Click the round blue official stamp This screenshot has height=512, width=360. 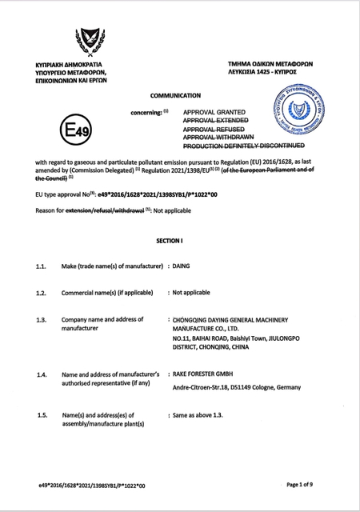point(305,112)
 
